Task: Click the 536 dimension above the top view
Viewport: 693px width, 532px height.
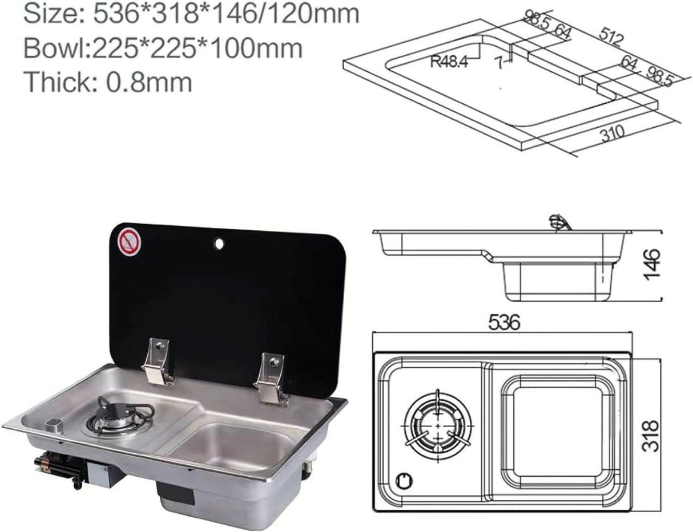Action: (x=504, y=323)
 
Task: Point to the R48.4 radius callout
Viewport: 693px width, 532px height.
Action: (x=449, y=61)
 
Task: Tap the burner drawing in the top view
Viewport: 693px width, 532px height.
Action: (x=438, y=425)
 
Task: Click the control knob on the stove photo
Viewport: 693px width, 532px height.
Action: (x=53, y=424)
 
